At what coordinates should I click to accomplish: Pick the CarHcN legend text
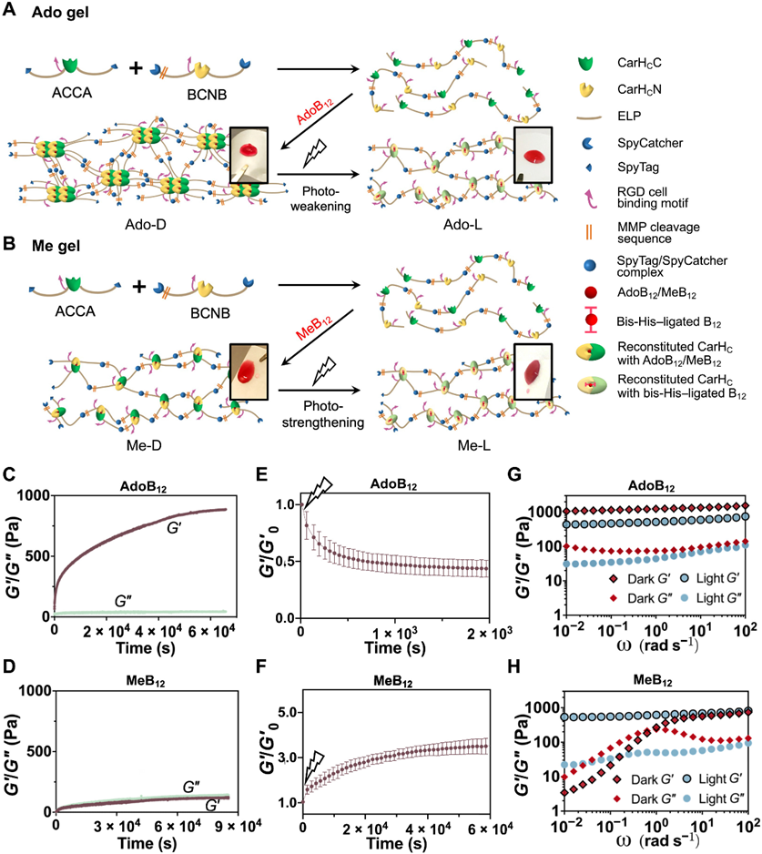(637, 91)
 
